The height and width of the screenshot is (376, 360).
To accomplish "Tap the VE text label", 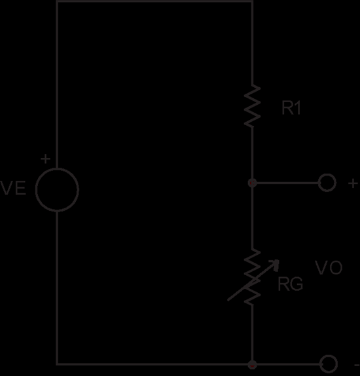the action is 12,188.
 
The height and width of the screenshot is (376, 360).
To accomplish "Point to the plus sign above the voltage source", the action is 46,159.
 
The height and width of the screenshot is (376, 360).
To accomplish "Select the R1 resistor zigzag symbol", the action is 252,105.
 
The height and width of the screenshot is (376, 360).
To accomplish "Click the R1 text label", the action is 291,108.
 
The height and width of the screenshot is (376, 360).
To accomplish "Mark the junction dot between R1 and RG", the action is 253,183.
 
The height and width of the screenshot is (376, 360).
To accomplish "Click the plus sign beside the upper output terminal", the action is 353,183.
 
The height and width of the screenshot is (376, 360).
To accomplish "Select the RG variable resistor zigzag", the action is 252,277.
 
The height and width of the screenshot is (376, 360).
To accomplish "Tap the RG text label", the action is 290,284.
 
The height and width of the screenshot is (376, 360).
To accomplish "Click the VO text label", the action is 329,267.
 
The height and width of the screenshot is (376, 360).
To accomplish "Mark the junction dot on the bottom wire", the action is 253,365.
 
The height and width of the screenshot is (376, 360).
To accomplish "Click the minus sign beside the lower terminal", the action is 357,366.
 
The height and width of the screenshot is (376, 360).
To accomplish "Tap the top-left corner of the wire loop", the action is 57,1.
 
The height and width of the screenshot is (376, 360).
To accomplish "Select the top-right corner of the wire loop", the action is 253,1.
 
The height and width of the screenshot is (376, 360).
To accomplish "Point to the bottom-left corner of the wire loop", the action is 57,364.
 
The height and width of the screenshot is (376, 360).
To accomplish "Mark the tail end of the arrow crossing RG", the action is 228,300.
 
